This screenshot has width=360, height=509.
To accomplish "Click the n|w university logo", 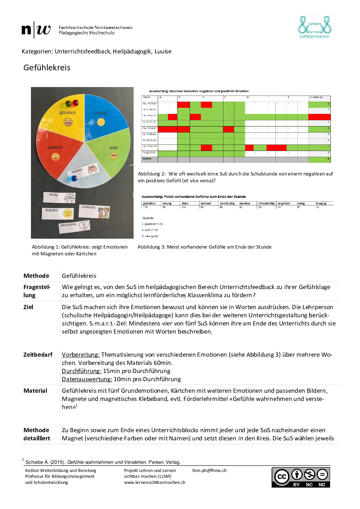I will pyautogui.click(x=36, y=30).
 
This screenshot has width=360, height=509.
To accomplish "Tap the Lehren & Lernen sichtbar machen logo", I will pyautogui.click(x=314, y=27).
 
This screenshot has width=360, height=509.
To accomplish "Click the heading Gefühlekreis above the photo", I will pyautogui.click(x=47, y=68).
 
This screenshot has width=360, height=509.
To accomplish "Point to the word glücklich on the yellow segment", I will pyautogui.click(x=67, y=113).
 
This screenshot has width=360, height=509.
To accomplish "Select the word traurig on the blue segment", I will pyautogui.click(x=101, y=113).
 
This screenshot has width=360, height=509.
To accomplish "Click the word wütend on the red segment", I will pyautogui.click(x=55, y=147).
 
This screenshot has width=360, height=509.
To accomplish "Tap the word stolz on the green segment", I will pyautogui.click(x=114, y=148).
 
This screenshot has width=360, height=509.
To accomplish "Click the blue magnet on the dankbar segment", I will pyautogui.click(x=74, y=179).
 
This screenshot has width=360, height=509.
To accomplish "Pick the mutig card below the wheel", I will pyautogui.click(x=59, y=197).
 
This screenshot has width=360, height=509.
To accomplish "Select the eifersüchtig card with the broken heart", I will pyautogui.click(x=74, y=226).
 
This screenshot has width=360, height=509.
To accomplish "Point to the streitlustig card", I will pyautogui.click(x=94, y=211).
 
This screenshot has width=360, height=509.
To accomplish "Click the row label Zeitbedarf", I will pyautogui.click(x=38, y=355).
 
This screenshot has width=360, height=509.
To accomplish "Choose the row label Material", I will pyautogui.click(x=35, y=391).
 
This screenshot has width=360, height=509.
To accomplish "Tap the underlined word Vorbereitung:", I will pyautogui.click(x=81, y=355).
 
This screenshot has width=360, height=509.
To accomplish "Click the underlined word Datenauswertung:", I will pyautogui.click(x=87, y=379).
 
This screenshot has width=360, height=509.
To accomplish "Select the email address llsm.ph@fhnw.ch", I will pyautogui.click(x=209, y=471).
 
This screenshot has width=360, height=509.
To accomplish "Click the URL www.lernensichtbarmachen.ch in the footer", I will pyautogui.click(x=155, y=482).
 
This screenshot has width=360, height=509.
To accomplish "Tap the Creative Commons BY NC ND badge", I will pyautogui.click(x=301, y=477).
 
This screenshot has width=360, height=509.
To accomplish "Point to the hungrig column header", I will pyautogui.click(x=321, y=203).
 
